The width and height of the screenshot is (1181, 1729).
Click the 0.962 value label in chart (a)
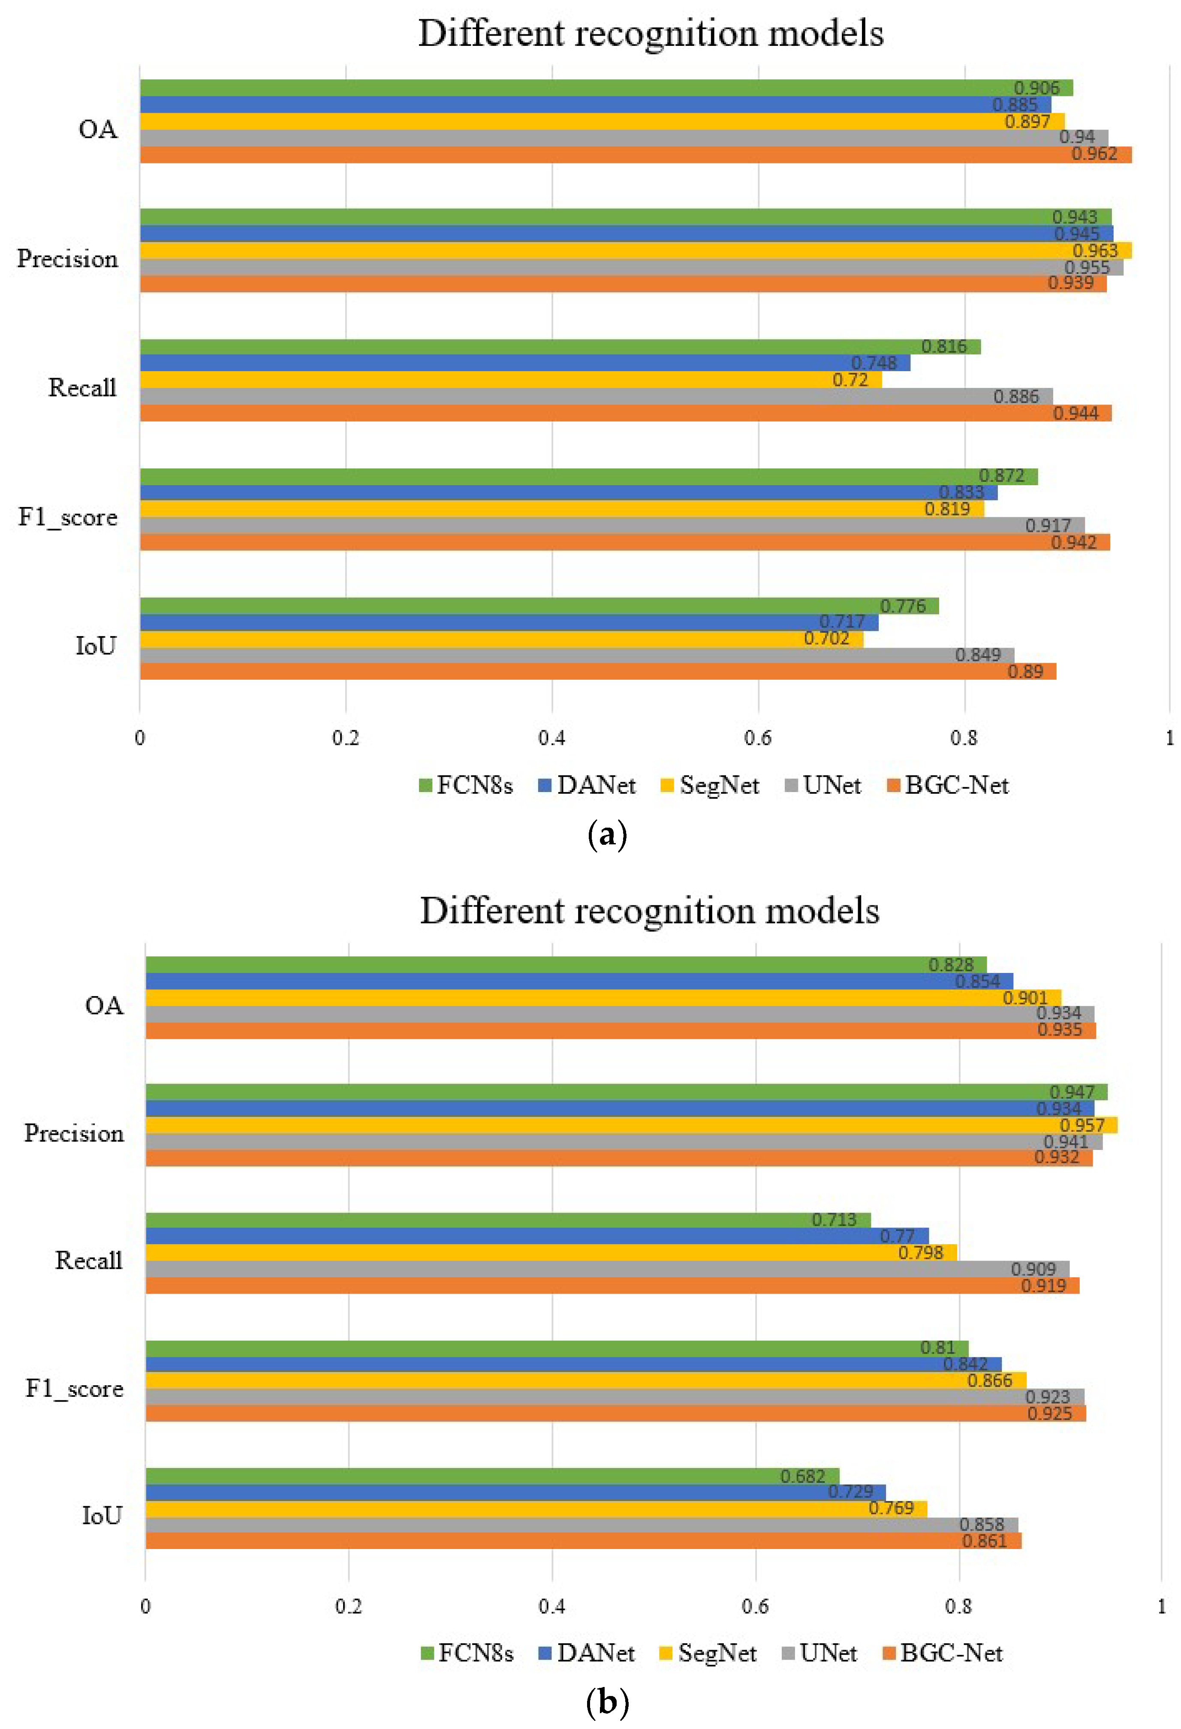point(1094,154)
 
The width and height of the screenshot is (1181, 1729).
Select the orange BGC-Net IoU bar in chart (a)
point(595,672)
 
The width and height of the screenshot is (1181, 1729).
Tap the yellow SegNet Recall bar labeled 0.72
point(506,379)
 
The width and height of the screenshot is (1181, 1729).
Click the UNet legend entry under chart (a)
point(824,786)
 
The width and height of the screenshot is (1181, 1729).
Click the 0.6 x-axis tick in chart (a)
point(758,738)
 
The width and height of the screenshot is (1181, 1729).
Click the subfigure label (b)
point(607,1702)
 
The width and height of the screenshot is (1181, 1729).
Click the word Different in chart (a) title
point(491,33)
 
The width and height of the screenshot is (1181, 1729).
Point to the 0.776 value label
point(903,606)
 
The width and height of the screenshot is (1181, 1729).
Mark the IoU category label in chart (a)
point(96,646)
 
